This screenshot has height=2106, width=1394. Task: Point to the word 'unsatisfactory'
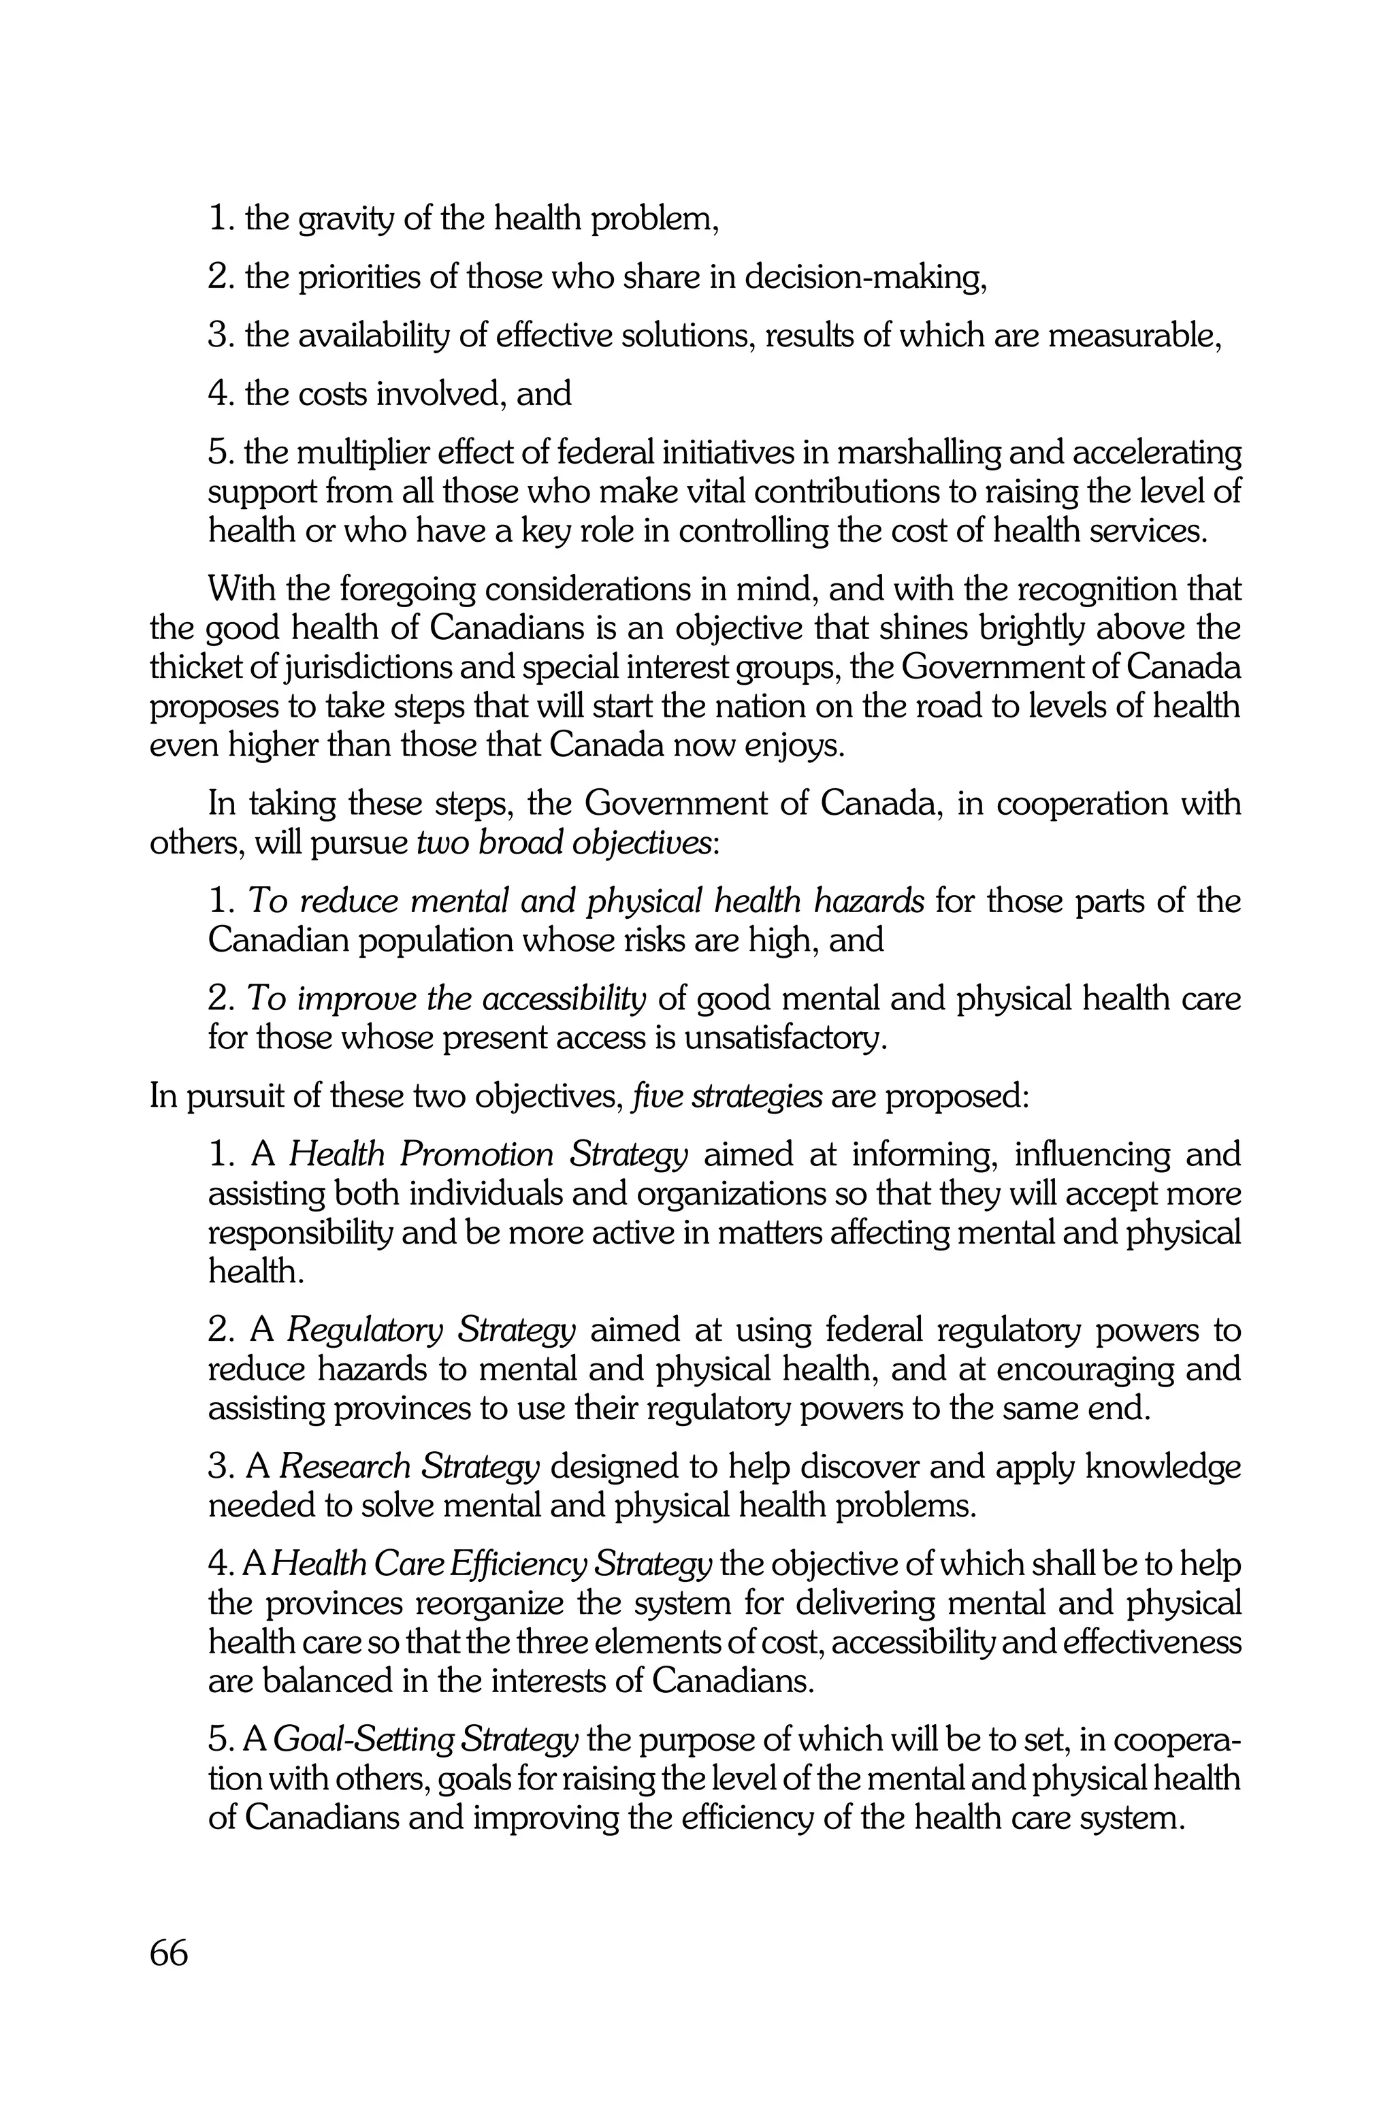tap(785, 1038)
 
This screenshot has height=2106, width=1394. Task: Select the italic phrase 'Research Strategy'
tap(409, 1467)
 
